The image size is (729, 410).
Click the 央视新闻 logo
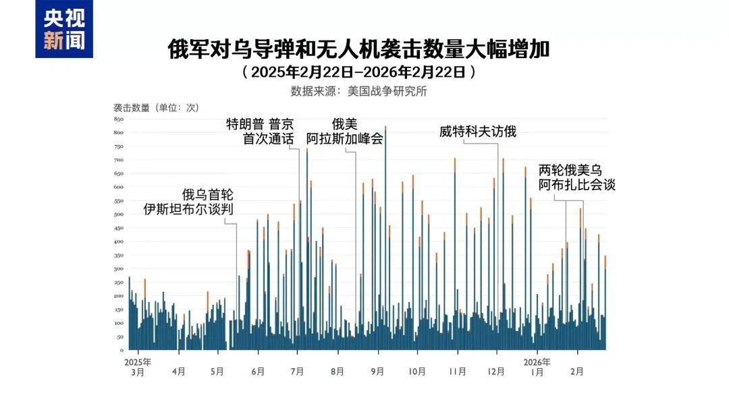(65, 29)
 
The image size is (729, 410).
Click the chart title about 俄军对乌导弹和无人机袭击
(364, 49)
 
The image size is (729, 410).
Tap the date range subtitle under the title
(364, 71)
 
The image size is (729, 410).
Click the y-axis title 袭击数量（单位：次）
(156, 107)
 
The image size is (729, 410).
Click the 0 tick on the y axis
(122, 351)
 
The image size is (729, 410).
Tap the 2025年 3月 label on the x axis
(138, 366)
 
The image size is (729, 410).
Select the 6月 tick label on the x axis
(257, 371)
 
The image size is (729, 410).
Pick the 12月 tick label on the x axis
(497, 371)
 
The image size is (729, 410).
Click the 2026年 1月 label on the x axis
(537, 366)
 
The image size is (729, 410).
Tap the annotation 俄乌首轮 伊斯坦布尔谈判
(190, 202)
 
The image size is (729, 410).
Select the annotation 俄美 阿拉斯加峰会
(344, 131)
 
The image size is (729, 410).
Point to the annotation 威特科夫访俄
(477, 131)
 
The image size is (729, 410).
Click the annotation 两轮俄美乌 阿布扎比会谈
(577, 178)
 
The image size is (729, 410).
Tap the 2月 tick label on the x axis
(577, 371)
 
